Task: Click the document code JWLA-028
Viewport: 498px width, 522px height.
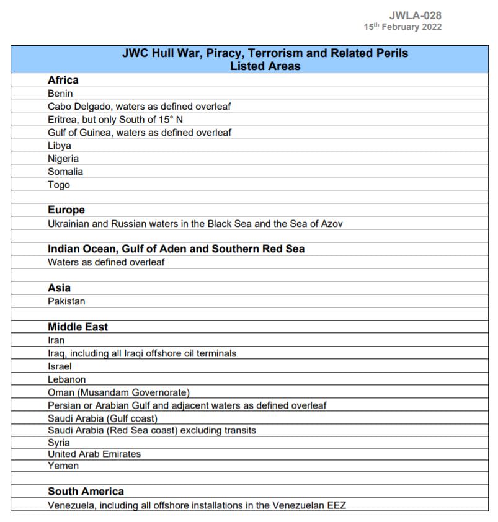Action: [x=416, y=15]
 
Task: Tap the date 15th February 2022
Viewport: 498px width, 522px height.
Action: [x=402, y=27]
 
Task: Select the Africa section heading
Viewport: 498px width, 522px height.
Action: [x=63, y=80]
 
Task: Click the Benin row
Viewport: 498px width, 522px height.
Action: [x=60, y=94]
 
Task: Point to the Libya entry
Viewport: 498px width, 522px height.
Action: [x=60, y=146]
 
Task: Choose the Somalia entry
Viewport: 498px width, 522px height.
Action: [x=65, y=172]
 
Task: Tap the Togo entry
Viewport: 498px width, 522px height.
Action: [x=59, y=185]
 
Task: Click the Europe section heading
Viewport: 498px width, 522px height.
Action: [x=66, y=210]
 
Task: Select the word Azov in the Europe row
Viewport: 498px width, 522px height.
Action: [x=331, y=224]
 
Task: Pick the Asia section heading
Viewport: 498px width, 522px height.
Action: [x=60, y=288]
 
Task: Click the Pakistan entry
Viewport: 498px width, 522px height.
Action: [x=66, y=301]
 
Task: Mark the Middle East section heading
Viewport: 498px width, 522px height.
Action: [x=78, y=327]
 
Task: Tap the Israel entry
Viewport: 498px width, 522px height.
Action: [x=60, y=366]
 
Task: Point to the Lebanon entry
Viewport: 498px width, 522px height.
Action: [x=67, y=379]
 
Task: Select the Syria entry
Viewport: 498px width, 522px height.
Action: [x=59, y=443]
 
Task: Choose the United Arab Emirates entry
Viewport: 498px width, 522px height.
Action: [x=94, y=454]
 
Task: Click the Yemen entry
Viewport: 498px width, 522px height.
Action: [x=63, y=466]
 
